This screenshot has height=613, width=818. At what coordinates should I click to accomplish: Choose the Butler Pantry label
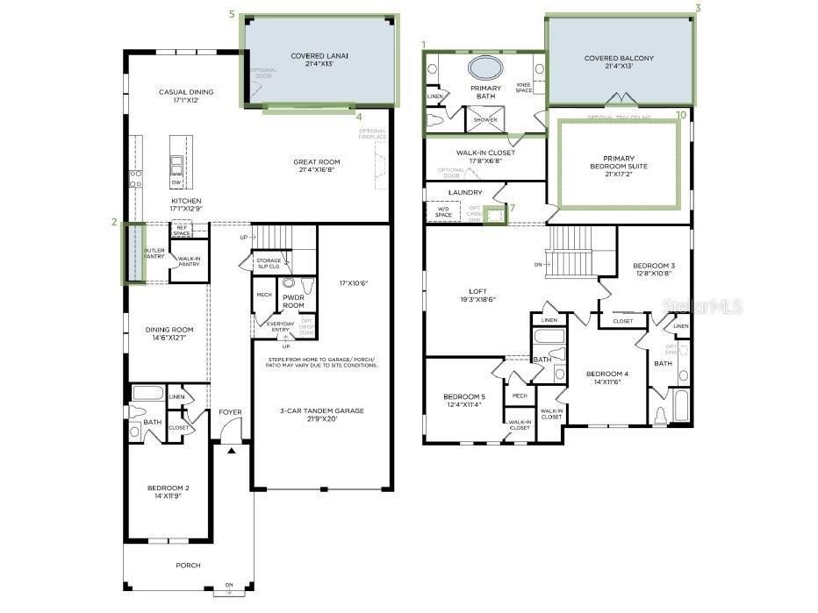pyautogui.click(x=154, y=253)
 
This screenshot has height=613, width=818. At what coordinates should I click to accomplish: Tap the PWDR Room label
pyautogui.click(x=293, y=301)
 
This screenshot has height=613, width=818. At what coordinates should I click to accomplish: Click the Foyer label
pyautogui.click(x=230, y=411)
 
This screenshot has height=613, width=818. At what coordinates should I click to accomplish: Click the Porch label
pyautogui.click(x=188, y=566)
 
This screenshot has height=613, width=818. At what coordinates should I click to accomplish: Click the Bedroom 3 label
pyautogui.click(x=654, y=268)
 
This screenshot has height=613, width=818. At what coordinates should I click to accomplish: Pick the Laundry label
pyautogui.click(x=465, y=192)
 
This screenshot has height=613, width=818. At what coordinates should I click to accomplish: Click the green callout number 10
pyautogui.click(x=680, y=114)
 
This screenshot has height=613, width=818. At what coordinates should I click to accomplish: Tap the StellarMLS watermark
pyautogui.click(x=703, y=306)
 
